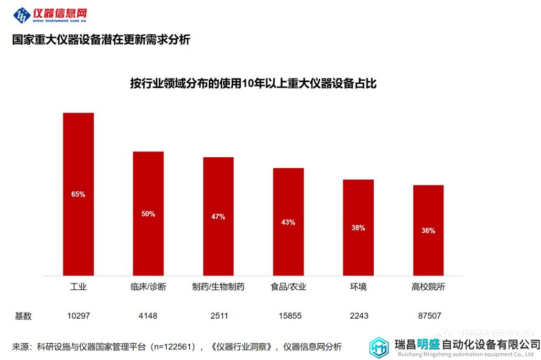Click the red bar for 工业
(78, 157)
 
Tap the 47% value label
(218, 216)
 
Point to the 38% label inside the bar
(359, 228)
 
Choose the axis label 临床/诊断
(148, 287)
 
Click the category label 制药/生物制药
(218, 287)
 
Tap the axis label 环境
(359, 287)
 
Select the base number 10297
(79, 316)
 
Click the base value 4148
(148, 316)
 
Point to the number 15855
(288, 316)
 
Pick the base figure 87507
(428, 316)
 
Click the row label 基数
(24, 316)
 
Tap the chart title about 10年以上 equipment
(253, 84)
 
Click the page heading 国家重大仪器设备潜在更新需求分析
(101, 40)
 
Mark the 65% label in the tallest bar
(78, 194)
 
